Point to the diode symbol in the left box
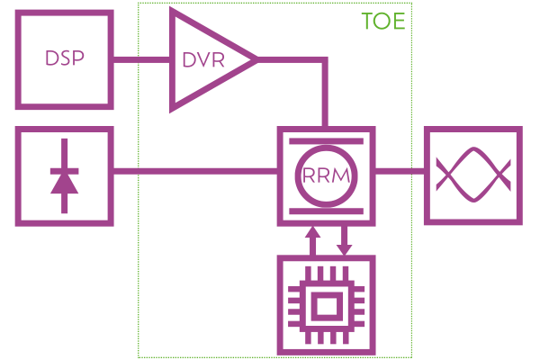click(x=64, y=175)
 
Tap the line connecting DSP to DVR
click(x=140, y=60)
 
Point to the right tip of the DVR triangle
click(x=256, y=60)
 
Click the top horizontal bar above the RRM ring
click(x=325, y=141)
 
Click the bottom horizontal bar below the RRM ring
click(x=325, y=211)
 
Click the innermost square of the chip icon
click(x=324, y=307)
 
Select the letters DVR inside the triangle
click(x=202, y=61)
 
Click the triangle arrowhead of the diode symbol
click(x=64, y=184)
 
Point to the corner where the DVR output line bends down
click(x=325, y=60)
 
